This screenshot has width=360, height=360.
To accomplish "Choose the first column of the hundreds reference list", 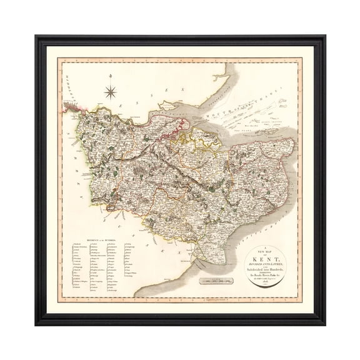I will click(x=78, y=266).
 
